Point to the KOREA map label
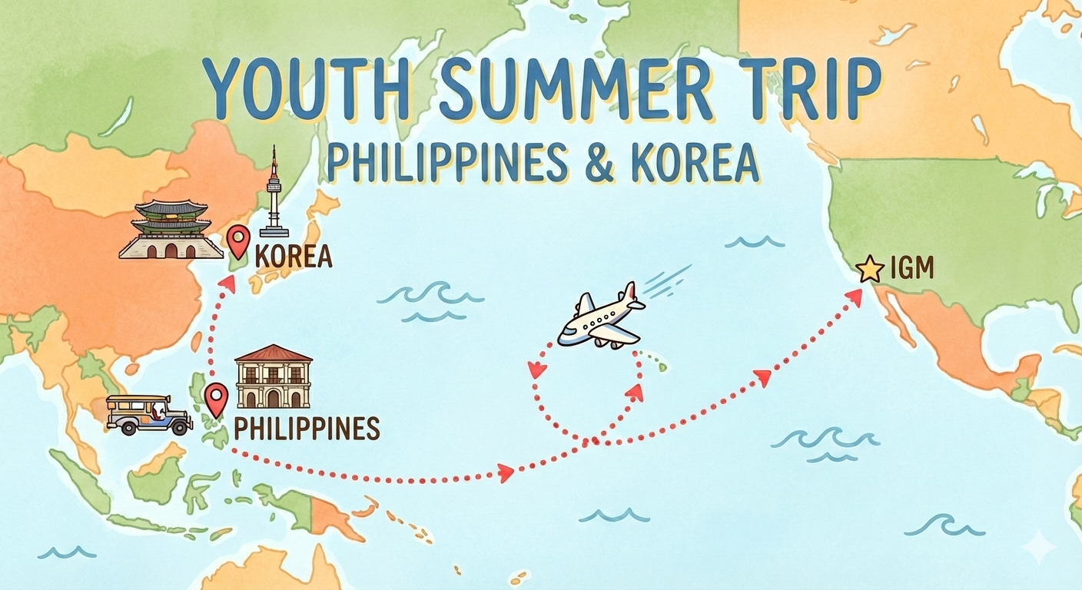pos(293,257)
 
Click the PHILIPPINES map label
pos(307,429)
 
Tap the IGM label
pos(911,270)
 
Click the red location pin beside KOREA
pos(239,241)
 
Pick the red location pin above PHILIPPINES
pos(217,398)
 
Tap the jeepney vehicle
pos(148,415)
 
